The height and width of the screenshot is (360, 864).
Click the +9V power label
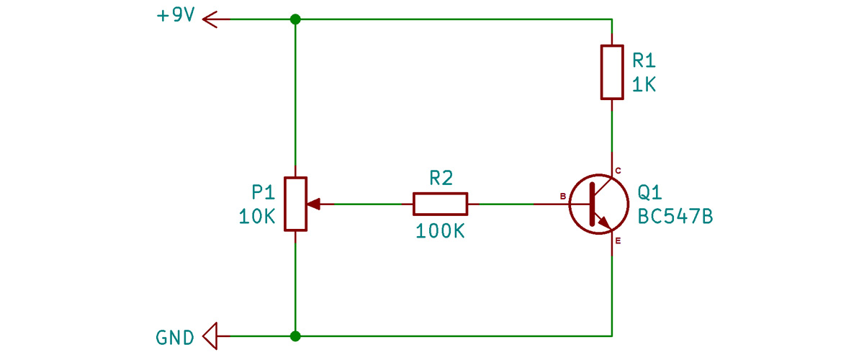[176, 15]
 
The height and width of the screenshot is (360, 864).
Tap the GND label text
[175, 338]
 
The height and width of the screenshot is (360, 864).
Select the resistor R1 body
[612, 72]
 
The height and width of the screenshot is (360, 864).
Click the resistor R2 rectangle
[441, 204]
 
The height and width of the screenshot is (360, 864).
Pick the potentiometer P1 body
[295, 204]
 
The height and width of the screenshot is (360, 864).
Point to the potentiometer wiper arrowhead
[314, 204]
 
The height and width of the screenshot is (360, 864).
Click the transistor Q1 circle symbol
[599, 204]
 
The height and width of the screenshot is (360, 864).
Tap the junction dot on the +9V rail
[295, 19]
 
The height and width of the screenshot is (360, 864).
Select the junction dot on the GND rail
[295, 336]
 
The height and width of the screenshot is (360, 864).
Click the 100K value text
[440, 231]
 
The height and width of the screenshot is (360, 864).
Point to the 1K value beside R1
[644, 84]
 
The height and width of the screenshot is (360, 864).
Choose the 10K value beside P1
[257, 217]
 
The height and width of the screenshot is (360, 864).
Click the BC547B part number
[675, 217]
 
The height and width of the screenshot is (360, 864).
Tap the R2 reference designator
[441, 179]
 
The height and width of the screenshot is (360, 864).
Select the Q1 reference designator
[649, 192]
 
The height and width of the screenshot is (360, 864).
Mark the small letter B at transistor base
[563, 197]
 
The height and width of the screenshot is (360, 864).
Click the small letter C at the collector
[618, 171]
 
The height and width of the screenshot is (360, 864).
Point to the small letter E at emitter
[618, 241]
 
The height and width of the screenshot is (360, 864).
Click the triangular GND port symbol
[210, 336]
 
